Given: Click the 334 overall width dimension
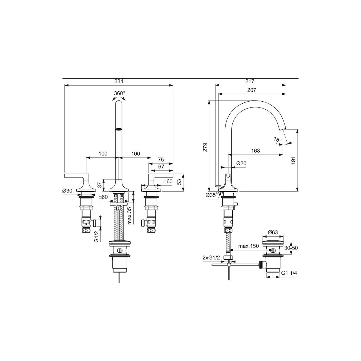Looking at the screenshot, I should click(x=119, y=81).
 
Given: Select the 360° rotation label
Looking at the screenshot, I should click(x=119, y=93).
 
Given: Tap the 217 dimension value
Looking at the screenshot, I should click(x=250, y=81).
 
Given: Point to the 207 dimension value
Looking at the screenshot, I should click(x=252, y=90).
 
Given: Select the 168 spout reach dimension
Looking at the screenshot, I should click(x=255, y=151).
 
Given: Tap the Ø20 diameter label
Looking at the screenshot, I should click(x=241, y=164).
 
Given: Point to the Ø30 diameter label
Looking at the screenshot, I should click(x=67, y=191).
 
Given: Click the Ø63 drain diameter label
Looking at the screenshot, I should click(x=273, y=232).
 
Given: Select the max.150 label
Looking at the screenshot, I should click(x=249, y=246).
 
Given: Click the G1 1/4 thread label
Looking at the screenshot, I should click(x=289, y=273).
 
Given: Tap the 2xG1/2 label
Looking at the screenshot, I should click(x=211, y=258).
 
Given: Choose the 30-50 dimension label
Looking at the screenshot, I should click(x=291, y=248).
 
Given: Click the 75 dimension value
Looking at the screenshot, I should click(x=161, y=160).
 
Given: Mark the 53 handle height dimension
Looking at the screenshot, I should click(x=179, y=182).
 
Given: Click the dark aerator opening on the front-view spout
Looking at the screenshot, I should click(x=119, y=129).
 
